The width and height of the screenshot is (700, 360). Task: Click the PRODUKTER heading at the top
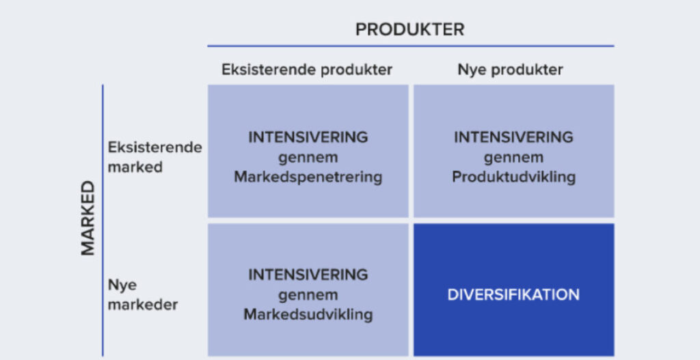pyautogui.click(x=410, y=29)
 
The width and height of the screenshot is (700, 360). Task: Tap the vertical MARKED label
pyautogui.click(x=88, y=218)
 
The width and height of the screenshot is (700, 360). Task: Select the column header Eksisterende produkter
pyautogui.click(x=307, y=70)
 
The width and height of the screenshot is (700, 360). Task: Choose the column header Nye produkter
pyautogui.click(x=510, y=70)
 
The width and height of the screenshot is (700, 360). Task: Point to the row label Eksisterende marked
pyautogui.click(x=155, y=158)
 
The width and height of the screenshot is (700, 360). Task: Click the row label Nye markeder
pyautogui.click(x=143, y=295)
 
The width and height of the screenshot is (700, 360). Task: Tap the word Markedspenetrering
pyautogui.click(x=308, y=178)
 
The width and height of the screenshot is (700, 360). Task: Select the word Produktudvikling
pyautogui.click(x=514, y=178)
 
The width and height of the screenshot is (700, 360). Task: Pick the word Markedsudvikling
pyautogui.click(x=308, y=314)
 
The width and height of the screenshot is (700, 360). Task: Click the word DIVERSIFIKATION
pyautogui.click(x=513, y=295)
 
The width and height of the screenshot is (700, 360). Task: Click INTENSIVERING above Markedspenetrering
pyautogui.click(x=308, y=137)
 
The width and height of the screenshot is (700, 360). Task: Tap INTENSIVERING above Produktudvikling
pyautogui.click(x=514, y=137)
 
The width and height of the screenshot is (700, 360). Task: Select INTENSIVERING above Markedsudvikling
pyautogui.click(x=308, y=275)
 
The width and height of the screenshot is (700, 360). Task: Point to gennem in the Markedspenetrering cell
pyautogui.click(x=308, y=158)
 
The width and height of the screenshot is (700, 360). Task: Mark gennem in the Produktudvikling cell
pyautogui.click(x=514, y=158)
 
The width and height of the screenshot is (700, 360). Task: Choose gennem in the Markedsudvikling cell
pyautogui.click(x=308, y=295)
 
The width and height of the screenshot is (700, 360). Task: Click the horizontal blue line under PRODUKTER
pyautogui.click(x=411, y=46)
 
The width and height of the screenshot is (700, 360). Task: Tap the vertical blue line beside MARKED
pyautogui.click(x=103, y=221)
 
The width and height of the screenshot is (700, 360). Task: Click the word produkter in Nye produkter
pyautogui.click(x=527, y=70)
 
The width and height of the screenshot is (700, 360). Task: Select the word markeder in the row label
pyautogui.click(x=143, y=305)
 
